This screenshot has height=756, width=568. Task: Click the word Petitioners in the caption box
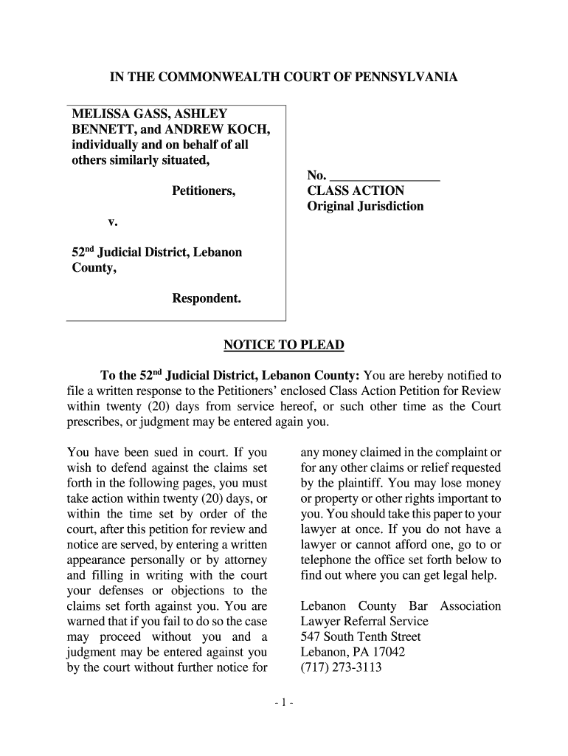[204, 191]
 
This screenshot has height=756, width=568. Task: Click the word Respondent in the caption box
[207, 298]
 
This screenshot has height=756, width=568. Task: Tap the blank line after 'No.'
[384, 176]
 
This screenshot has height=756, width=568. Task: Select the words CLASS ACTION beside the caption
[356, 190]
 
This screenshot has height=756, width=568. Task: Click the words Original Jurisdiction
[365, 206]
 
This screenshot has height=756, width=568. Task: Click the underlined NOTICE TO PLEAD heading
[283, 346]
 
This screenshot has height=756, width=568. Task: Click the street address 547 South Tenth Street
[361, 636]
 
